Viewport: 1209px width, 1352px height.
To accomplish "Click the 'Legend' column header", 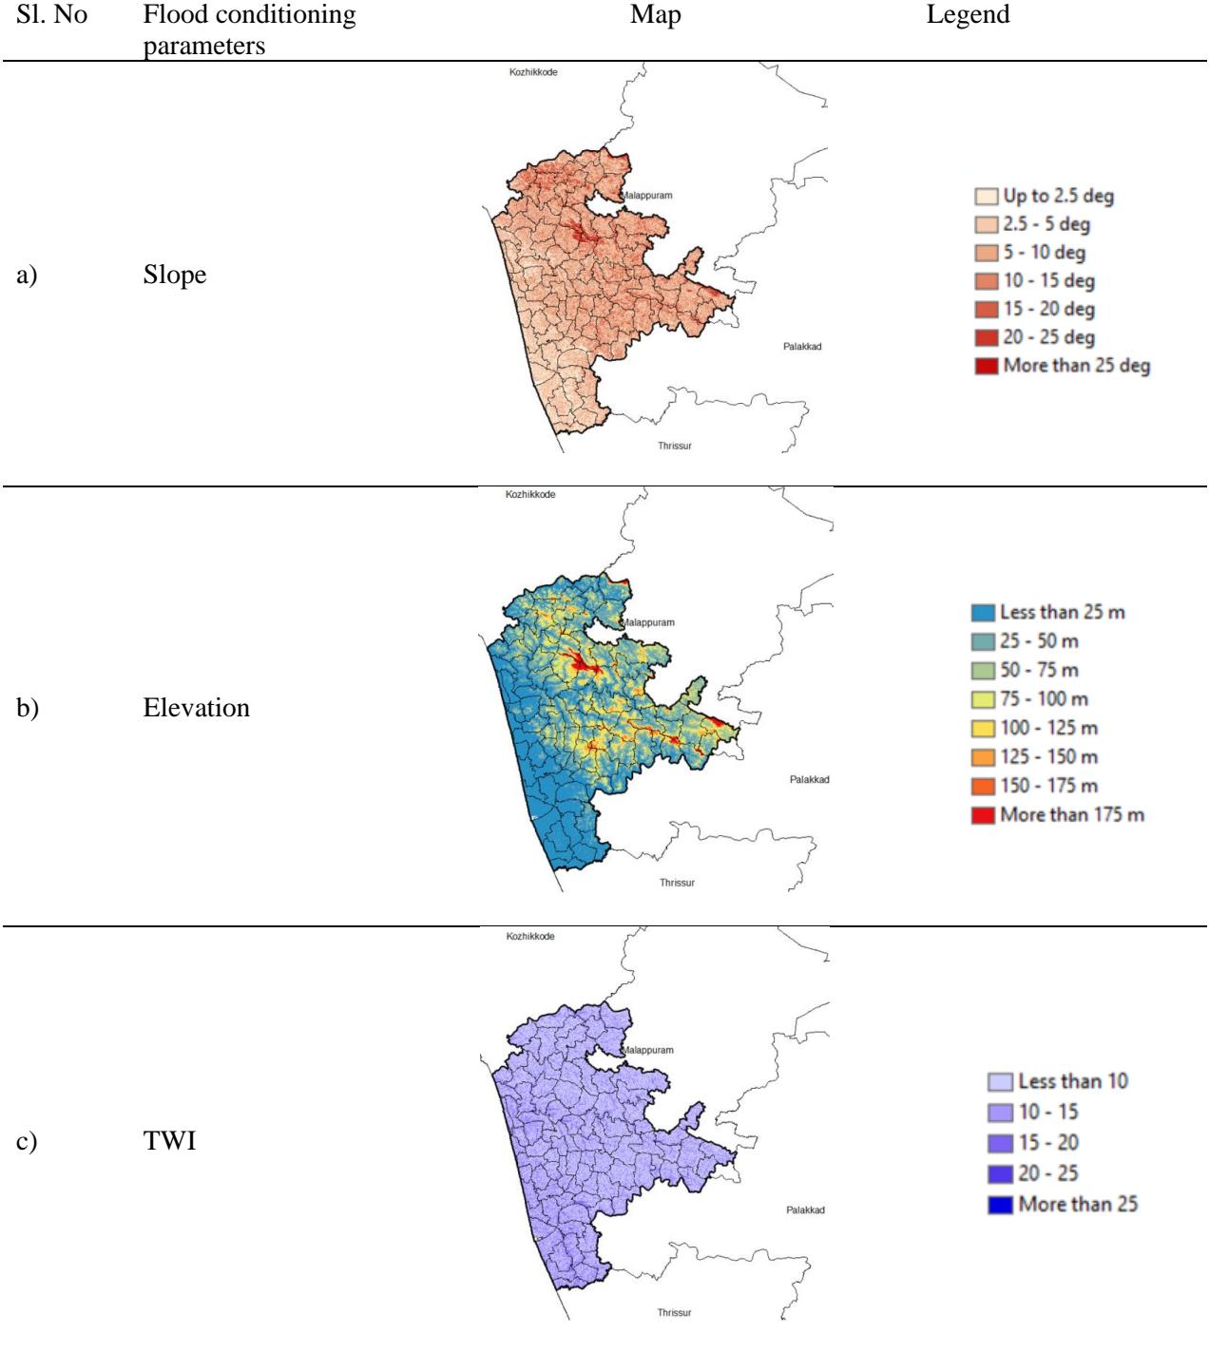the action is pyautogui.click(x=968, y=14).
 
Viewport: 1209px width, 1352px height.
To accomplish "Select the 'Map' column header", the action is pyautogui.click(x=656, y=14).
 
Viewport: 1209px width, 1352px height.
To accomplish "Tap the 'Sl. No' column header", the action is pyautogui.click(x=51, y=14).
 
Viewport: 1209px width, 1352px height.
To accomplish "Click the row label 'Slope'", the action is pyautogui.click(x=175, y=275).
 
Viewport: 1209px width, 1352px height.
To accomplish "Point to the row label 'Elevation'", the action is pyautogui.click(x=196, y=708).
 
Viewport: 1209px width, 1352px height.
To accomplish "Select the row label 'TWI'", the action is pyautogui.click(x=169, y=1140).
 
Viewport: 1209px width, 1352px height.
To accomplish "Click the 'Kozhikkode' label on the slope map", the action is pyautogui.click(x=533, y=72).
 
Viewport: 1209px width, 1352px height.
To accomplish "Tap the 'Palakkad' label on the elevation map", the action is pyautogui.click(x=809, y=779).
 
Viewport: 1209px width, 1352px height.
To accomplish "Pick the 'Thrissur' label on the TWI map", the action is pyautogui.click(x=674, y=1313).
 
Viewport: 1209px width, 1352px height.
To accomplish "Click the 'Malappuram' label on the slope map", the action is pyautogui.click(x=647, y=196).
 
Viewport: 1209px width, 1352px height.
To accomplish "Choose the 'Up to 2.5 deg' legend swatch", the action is pyautogui.click(x=986, y=196).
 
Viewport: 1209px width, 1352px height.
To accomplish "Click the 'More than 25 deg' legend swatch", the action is pyautogui.click(x=986, y=366).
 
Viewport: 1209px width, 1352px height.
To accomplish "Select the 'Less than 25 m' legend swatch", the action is pyautogui.click(x=984, y=613).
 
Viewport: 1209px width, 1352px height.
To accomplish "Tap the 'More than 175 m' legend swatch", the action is pyautogui.click(x=984, y=815).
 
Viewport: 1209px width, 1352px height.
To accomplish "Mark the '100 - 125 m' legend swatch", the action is pyautogui.click(x=984, y=729).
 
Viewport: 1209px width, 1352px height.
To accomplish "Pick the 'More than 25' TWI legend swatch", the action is pyautogui.click(x=1000, y=1205).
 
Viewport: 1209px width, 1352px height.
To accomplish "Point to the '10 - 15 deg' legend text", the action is pyautogui.click(x=1048, y=281).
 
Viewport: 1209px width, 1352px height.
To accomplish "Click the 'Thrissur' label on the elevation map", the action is pyautogui.click(x=677, y=883).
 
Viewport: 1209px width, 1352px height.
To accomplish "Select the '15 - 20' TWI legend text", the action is pyautogui.click(x=1048, y=1143).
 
